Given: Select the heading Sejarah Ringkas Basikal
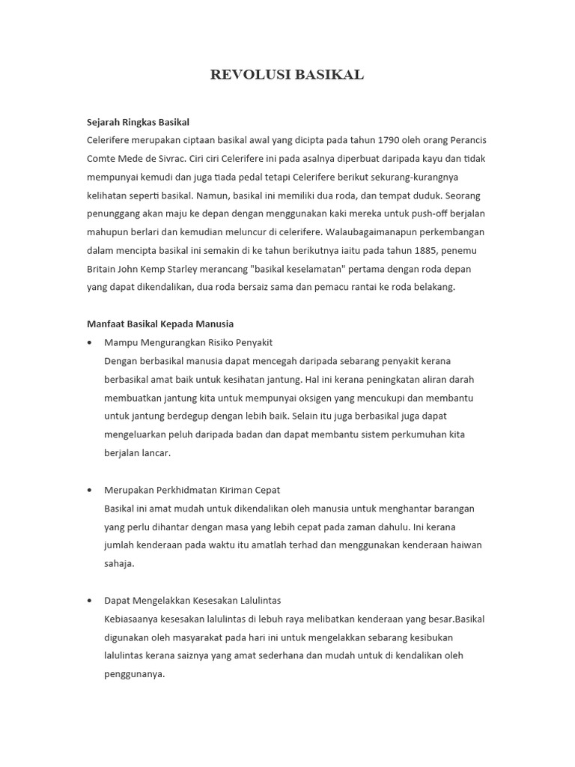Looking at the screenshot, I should [138, 122].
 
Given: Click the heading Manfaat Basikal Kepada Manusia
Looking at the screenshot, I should [160, 324].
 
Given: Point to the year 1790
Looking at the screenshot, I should [390, 140].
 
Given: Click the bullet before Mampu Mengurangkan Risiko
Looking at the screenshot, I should [90, 342].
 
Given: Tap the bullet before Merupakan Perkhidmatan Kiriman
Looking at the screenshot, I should [90, 490].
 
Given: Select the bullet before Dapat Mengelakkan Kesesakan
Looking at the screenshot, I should [90, 601].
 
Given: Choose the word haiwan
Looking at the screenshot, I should [463, 545].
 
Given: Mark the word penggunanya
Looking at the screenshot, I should [134, 673].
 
